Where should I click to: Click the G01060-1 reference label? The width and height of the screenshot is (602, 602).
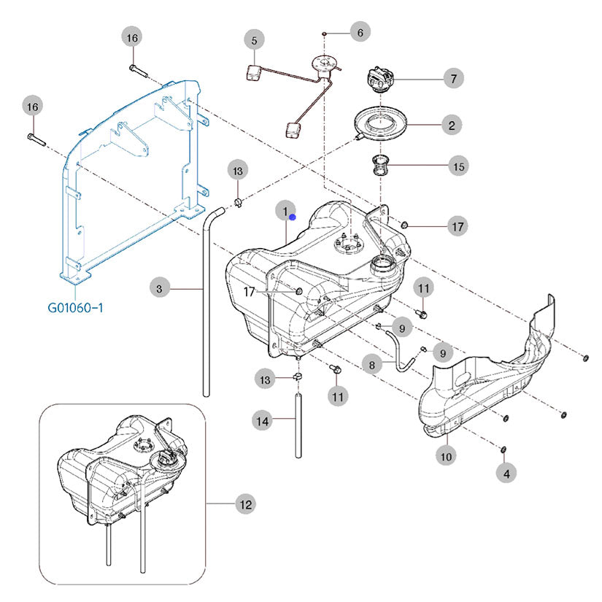point(75,307)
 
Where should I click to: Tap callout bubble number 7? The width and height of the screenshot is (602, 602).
point(453,78)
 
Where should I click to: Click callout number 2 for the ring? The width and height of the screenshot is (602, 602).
point(452,126)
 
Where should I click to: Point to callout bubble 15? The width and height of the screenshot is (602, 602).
point(458,166)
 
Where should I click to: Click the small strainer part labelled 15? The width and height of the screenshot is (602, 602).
point(380,165)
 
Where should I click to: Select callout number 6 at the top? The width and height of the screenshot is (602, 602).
point(360,32)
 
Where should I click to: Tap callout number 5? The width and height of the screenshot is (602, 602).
point(254,40)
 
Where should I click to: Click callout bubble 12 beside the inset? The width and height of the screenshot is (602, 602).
point(245,504)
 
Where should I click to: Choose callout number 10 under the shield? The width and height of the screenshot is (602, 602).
point(446,456)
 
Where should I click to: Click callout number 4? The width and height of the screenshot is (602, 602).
point(506,474)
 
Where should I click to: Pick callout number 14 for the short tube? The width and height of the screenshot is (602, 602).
point(262,421)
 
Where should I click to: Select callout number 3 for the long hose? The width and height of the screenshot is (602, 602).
point(159,288)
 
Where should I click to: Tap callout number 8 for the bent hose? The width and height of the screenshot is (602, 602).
point(371,364)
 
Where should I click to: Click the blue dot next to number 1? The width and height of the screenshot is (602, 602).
point(292,217)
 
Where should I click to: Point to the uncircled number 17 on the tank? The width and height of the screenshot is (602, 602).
point(249,292)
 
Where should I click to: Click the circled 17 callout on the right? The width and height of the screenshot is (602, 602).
point(458,226)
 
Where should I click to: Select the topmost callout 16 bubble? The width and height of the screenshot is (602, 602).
point(131,38)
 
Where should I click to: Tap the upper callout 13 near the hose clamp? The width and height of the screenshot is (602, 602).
point(238,171)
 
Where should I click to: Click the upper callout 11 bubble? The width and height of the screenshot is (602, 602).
point(423,288)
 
